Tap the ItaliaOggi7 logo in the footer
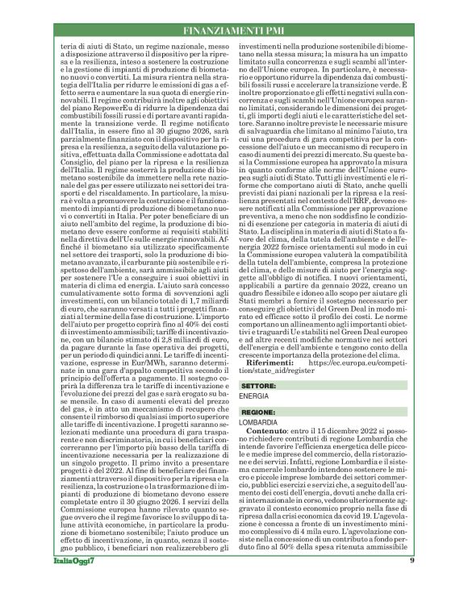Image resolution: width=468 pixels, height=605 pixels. tap(79, 582)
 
